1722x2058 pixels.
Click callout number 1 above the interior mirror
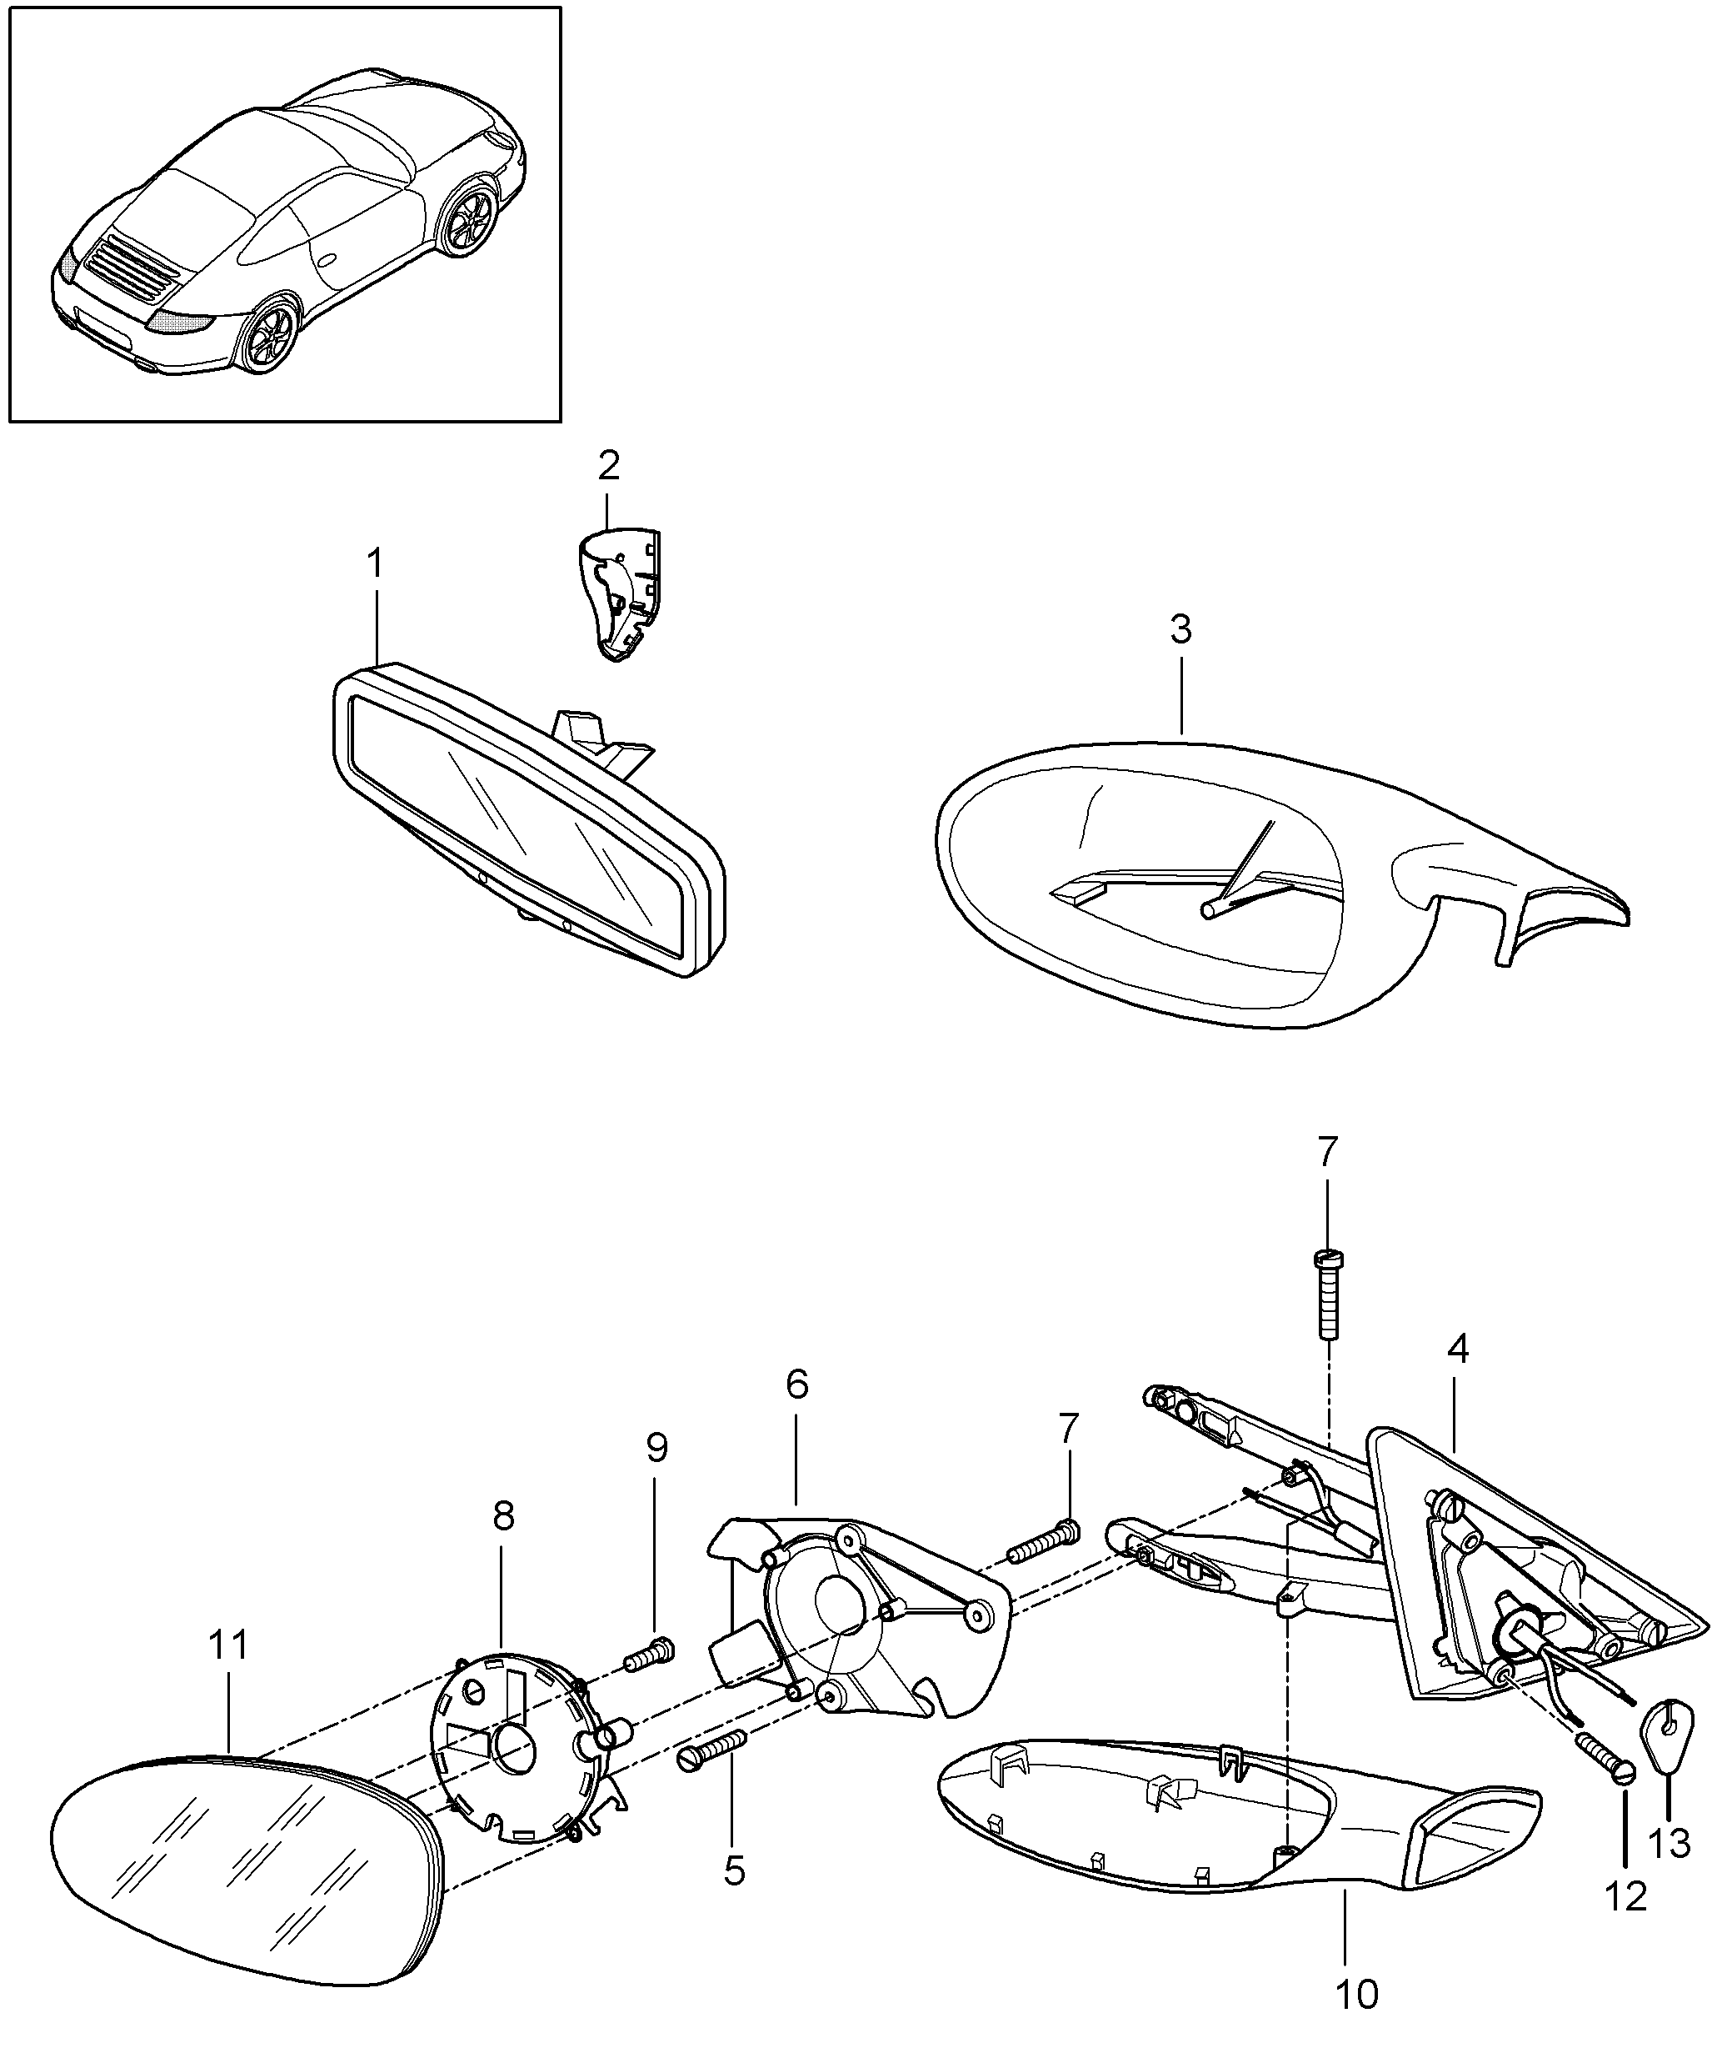(x=374, y=564)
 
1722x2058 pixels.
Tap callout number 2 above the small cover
(x=608, y=465)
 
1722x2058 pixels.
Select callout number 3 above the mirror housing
(x=1181, y=629)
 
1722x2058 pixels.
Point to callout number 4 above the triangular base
(x=1458, y=1349)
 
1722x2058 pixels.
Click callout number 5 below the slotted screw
(x=735, y=1870)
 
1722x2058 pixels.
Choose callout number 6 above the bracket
(x=796, y=1385)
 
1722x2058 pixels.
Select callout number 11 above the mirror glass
(x=229, y=1645)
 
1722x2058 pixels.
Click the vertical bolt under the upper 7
(x=1327, y=1294)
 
